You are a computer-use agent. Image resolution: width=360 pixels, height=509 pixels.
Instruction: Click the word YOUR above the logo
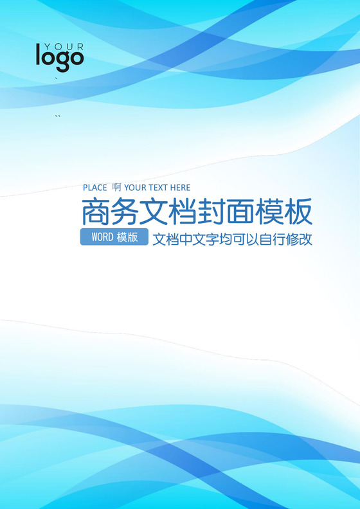pyautogui.click(x=60, y=46)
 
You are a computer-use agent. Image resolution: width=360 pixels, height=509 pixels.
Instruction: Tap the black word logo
pyautogui.click(x=60, y=58)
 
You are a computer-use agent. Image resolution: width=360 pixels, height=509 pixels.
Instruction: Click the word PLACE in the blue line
pyautogui.click(x=95, y=188)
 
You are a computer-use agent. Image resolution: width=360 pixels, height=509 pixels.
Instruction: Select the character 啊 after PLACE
pyautogui.click(x=116, y=188)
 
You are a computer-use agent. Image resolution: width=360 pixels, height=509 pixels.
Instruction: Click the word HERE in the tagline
pyautogui.click(x=181, y=188)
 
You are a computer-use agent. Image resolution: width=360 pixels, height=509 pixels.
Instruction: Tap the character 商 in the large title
pyautogui.click(x=96, y=211)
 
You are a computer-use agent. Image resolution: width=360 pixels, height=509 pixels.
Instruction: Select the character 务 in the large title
pyautogui.click(x=127, y=211)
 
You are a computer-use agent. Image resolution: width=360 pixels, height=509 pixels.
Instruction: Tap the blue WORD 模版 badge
pyautogui.click(x=114, y=237)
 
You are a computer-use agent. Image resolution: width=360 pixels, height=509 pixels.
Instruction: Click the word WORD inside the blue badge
pyautogui.click(x=102, y=237)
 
